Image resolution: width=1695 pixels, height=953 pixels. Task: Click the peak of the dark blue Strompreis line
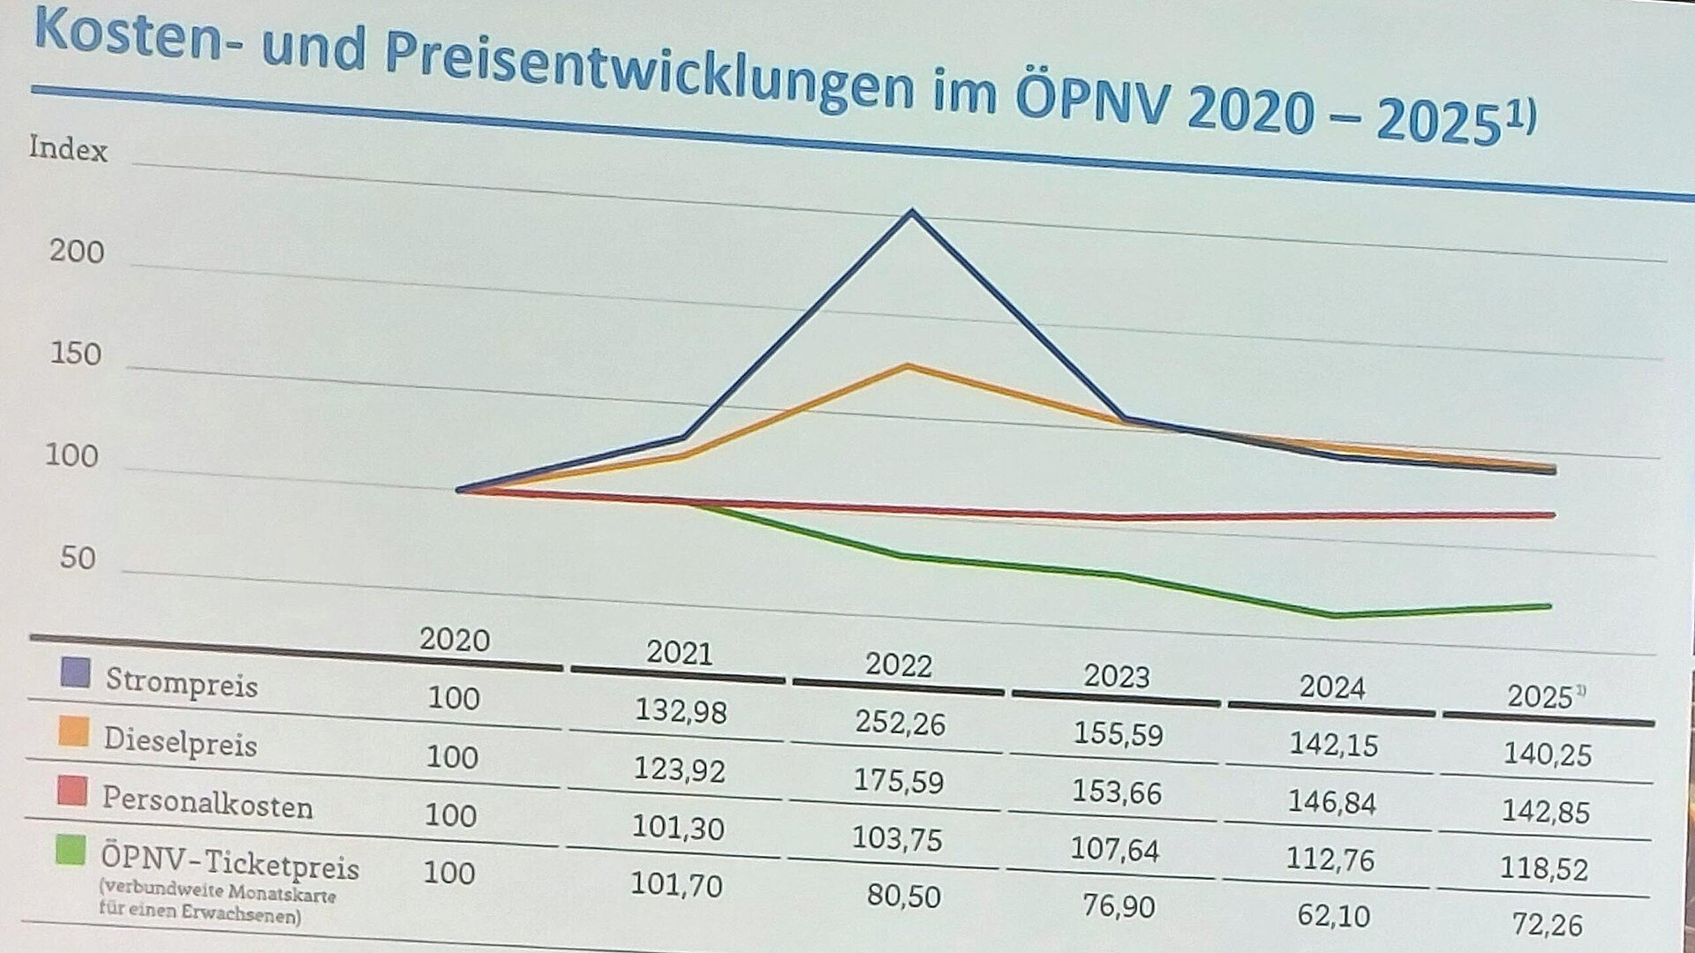[x=912, y=212]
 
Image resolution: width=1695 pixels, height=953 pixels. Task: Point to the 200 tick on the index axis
[x=77, y=252]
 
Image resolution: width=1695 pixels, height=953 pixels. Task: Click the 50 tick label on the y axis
[x=78, y=559]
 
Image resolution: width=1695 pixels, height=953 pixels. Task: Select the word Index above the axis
[x=68, y=148]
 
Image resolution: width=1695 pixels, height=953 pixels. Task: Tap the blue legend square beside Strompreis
[x=75, y=672]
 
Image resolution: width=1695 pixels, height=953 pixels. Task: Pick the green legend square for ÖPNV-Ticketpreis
[x=71, y=851]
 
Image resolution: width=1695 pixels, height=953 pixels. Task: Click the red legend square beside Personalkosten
[x=72, y=791]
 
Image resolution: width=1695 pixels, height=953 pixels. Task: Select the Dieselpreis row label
[x=180, y=742]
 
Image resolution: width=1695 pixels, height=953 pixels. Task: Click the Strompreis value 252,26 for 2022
[x=900, y=723]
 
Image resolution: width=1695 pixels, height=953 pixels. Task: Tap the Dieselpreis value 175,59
[x=898, y=781]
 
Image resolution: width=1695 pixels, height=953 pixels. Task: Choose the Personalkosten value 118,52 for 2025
[x=1544, y=868]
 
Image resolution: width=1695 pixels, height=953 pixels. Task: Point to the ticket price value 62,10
[x=1333, y=916]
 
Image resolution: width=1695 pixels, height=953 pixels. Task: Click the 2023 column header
[x=1117, y=677]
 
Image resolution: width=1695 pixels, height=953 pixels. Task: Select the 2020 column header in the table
[x=455, y=640]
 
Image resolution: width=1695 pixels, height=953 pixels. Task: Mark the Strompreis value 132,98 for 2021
[x=681, y=709]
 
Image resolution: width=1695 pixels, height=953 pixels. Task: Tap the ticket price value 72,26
[x=1547, y=924]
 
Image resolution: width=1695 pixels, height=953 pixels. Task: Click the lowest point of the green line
[x=1333, y=615]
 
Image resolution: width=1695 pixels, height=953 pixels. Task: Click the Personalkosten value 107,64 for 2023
[x=1114, y=849]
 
